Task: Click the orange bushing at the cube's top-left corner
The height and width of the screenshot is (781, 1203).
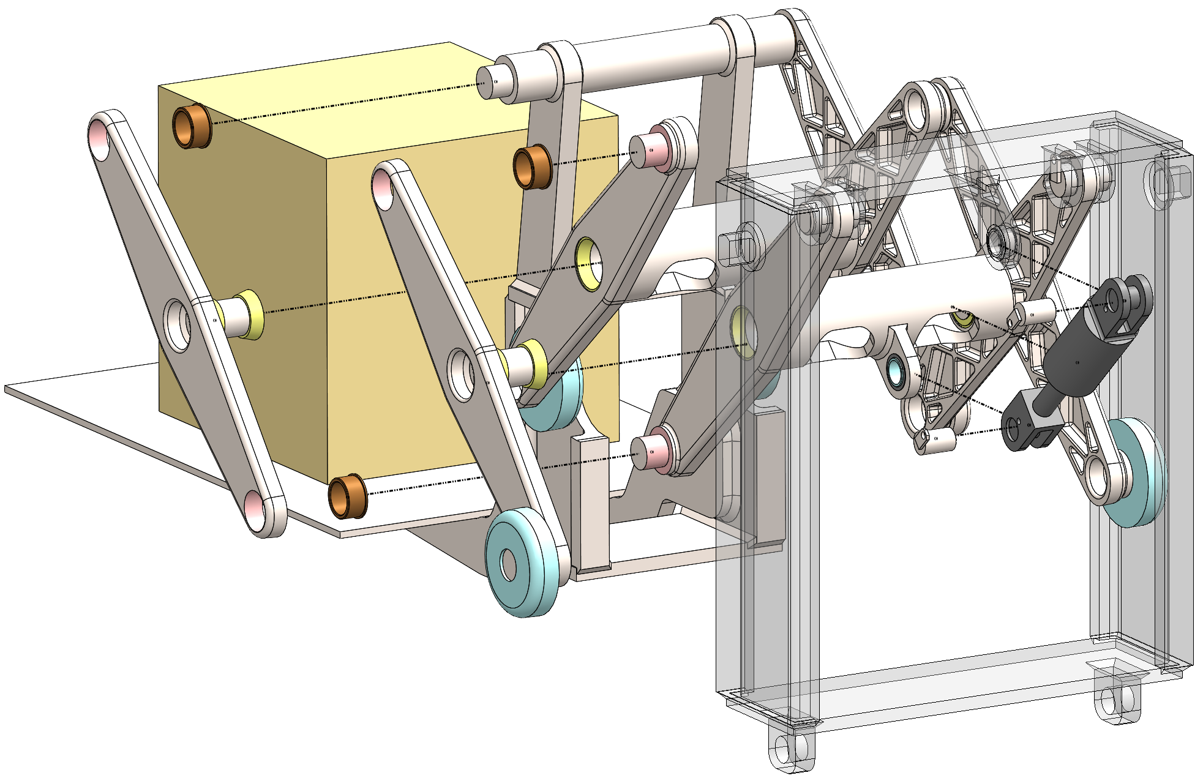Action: coord(192,126)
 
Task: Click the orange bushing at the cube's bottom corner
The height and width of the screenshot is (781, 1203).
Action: coord(347,497)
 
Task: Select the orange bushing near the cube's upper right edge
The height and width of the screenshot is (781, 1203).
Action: coord(531,166)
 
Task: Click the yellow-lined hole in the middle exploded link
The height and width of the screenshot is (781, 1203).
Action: coord(590,264)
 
